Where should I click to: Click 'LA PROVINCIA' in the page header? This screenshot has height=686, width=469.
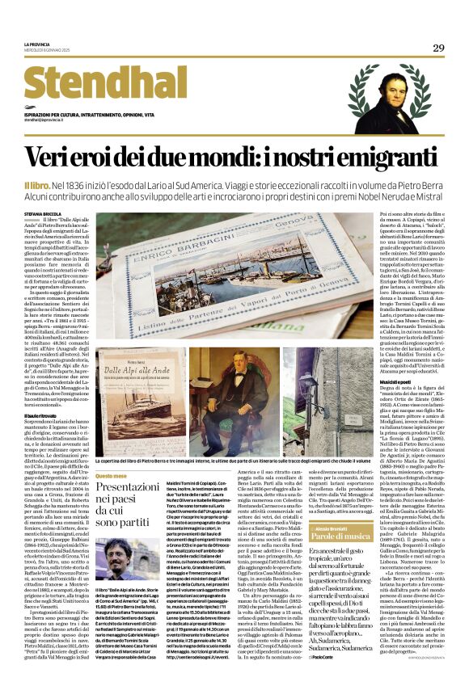coord(40,44)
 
